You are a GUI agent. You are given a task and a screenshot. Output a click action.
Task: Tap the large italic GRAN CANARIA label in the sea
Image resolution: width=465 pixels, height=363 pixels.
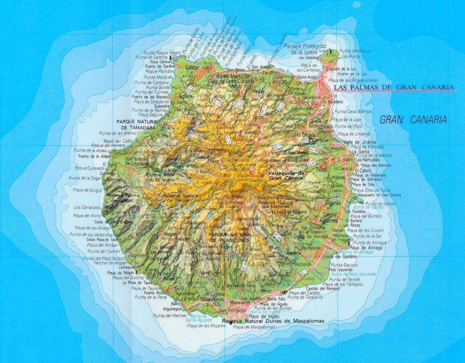413,120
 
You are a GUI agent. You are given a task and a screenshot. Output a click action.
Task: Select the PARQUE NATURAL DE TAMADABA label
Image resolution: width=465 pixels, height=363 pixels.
136,125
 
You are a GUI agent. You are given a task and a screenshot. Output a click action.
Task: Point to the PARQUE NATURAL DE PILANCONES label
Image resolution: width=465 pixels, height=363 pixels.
229,237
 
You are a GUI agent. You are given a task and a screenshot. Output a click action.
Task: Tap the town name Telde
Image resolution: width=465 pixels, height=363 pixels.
322,169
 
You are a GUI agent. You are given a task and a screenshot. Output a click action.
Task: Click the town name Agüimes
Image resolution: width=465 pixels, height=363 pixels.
329,220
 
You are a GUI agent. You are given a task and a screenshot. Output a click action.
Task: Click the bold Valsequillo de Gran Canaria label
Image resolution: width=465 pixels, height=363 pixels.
286,176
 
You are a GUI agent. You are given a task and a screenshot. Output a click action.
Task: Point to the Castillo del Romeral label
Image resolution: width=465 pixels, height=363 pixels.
323,288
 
